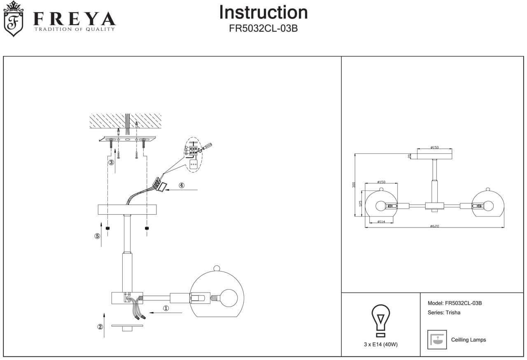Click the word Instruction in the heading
263,12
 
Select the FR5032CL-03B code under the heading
263,29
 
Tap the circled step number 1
166,308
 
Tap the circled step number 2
100,327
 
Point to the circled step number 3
111,162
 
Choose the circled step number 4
182,185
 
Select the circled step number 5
97,236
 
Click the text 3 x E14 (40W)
380,345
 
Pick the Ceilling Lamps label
469,340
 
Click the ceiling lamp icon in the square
437,339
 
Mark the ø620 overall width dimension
434,226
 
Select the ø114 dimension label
381,222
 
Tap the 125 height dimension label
360,203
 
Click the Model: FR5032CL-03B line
455,303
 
